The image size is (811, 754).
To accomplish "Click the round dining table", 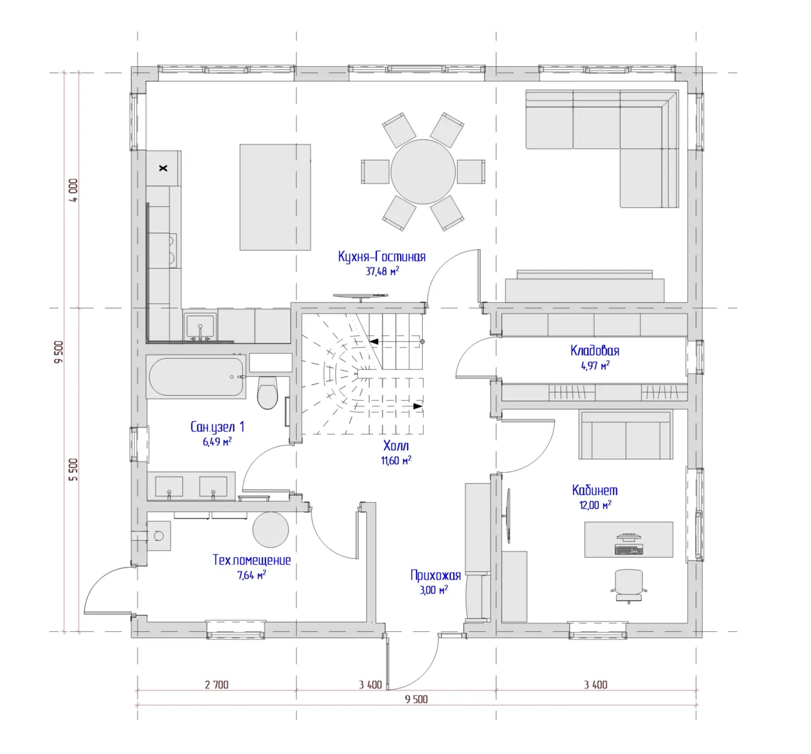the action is coord(423,171).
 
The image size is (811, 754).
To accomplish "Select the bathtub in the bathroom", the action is coord(196,376).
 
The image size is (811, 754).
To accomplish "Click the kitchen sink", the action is coord(200,326).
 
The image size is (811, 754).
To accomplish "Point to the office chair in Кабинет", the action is coord(628,586).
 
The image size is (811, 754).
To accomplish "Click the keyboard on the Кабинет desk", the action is coord(628,549).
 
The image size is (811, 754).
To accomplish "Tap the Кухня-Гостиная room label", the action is coord(382,257).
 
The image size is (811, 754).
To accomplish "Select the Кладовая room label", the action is coord(595,350).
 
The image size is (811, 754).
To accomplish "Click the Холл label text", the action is coord(396,445).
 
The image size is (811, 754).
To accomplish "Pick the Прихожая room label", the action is coord(435,575).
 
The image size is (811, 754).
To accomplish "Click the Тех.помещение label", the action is coord(252,560).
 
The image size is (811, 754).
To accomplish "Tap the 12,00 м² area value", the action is coord(595,505).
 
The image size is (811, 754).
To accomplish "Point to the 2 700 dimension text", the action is coord(217,685).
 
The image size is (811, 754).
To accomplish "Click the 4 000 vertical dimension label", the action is coord(74,190).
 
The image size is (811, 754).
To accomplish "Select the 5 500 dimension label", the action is coord(74,470).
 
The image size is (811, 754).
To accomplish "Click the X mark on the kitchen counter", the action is coord(163,168).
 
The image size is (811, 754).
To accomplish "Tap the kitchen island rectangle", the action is coord(275,197).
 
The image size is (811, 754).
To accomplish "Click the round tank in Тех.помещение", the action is coord(271,530).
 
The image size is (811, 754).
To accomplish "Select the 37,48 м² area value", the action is coord(382,271).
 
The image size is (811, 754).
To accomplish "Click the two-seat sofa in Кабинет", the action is coord(626,435).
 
